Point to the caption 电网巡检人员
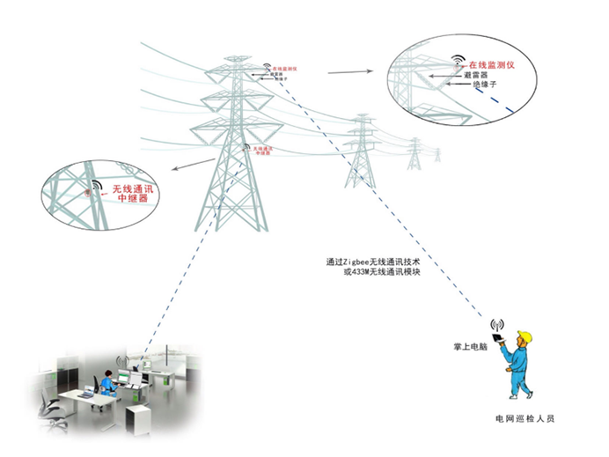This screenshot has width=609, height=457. (x=525, y=418)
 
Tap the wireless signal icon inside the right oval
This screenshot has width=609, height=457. (x=458, y=63)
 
